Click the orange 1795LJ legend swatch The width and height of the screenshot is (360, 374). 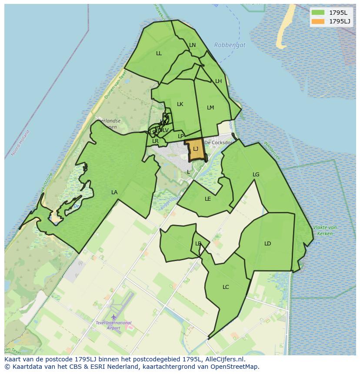tap(318, 21)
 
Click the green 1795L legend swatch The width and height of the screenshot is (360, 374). tap(318, 13)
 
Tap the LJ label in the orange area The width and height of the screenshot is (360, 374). tap(196, 149)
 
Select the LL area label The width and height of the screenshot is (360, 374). tap(159, 53)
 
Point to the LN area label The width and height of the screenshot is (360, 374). tap(193, 45)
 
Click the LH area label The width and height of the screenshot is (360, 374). tap(218, 81)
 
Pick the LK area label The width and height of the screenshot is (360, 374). tap(180, 104)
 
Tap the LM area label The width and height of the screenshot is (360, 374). tap(210, 108)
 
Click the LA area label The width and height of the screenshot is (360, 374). tap(114, 192)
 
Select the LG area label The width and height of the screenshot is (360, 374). tap(256, 175)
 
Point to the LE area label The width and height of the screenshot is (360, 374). tap(208, 199)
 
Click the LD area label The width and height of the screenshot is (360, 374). tap(267, 244)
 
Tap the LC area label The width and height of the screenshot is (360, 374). tap(226, 287)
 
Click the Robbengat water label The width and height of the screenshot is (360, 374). tap(230, 45)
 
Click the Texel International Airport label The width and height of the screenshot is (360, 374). tap(113, 325)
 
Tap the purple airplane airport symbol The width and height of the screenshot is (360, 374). tap(113, 317)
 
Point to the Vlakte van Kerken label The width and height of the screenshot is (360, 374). tap(325, 231)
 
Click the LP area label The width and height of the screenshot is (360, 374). tap(180, 136)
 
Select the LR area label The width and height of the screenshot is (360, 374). tap(155, 141)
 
